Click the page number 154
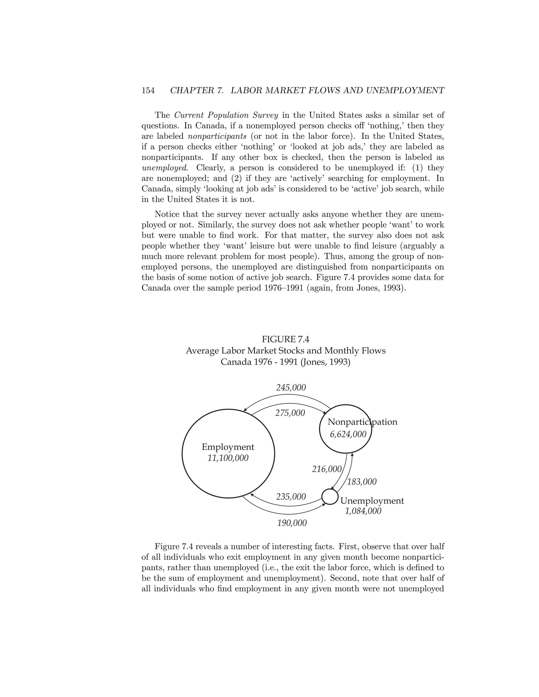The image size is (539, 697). (148, 91)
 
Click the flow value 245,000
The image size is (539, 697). (291, 388)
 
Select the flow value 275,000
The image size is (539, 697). (290, 413)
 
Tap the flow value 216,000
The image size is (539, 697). (326, 469)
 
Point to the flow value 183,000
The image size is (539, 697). (362, 482)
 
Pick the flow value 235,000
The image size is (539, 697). (291, 497)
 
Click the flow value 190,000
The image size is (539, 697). (292, 523)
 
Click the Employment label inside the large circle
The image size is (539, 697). (228, 447)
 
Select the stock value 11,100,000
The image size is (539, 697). (228, 458)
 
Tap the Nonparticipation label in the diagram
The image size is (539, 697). (362, 422)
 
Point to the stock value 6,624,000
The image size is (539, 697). (348, 434)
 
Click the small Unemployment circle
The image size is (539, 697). (330, 497)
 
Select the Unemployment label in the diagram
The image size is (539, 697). (372, 501)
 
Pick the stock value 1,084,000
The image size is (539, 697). (363, 511)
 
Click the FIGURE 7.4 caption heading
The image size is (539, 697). (286, 339)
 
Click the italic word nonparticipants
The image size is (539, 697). (217, 136)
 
